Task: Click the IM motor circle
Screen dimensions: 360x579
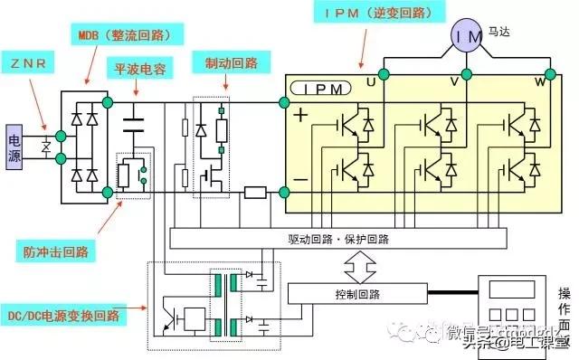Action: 464,36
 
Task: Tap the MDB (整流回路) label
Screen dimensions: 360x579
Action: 126,37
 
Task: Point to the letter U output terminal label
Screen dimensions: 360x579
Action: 370,82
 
